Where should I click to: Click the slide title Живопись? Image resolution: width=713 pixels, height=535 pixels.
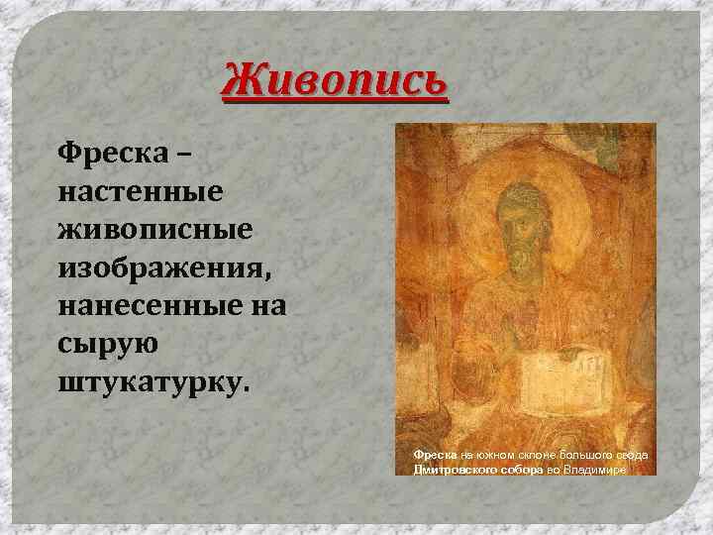point(335,79)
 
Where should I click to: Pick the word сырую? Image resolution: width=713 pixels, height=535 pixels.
point(98,344)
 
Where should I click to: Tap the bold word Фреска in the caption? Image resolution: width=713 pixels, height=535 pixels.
point(434,454)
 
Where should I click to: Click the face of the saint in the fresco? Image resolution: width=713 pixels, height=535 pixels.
point(518,213)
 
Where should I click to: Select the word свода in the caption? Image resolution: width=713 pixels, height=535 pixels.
point(630,454)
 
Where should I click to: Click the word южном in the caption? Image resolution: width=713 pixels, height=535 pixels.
point(490,454)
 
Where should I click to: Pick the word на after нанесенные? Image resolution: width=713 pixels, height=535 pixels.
point(267,305)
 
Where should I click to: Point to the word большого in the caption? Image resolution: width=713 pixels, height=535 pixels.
point(584,454)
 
